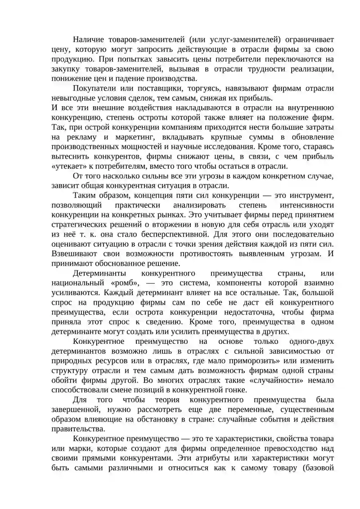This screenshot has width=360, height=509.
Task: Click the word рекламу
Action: point(83,137)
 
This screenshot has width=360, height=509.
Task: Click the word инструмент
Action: point(310,195)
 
